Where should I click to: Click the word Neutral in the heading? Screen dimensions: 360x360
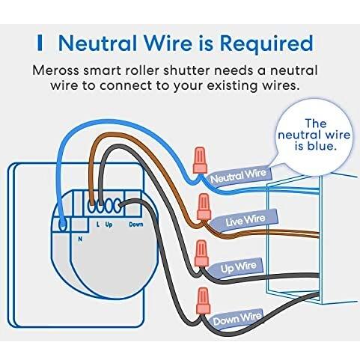[x=98, y=43]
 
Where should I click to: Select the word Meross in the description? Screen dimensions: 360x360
[x=55, y=70]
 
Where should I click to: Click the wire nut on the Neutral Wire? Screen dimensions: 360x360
[x=200, y=160]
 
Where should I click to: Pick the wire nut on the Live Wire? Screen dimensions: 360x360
[x=204, y=207]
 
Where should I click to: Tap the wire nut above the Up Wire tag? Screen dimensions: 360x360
[x=201, y=253]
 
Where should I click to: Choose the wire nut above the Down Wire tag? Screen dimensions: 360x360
[x=203, y=301]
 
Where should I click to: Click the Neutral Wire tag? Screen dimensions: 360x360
[x=238, y=177]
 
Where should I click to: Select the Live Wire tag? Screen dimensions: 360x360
[x=245, y=220]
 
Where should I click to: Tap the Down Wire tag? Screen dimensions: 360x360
[x=237, y=319]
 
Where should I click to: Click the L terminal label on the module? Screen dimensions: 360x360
[x=98, y=225]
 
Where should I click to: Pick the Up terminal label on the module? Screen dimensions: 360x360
[x=109, y=225]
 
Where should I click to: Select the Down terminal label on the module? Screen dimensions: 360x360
[x=136, y=225]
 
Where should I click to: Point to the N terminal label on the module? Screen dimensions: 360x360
[x=80, y=239]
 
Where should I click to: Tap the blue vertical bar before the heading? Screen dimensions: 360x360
[x=40, y=43]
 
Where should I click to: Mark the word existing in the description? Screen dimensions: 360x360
[x=232, y=86]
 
